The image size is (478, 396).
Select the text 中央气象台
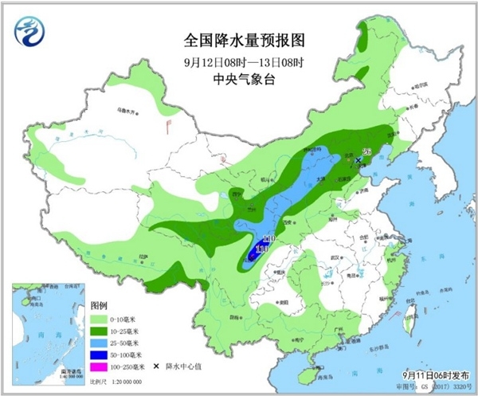pos(239,80)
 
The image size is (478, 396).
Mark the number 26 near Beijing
pos(367,152)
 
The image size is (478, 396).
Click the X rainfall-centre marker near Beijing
pos(358,160)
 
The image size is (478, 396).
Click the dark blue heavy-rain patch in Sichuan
pos(257,253)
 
